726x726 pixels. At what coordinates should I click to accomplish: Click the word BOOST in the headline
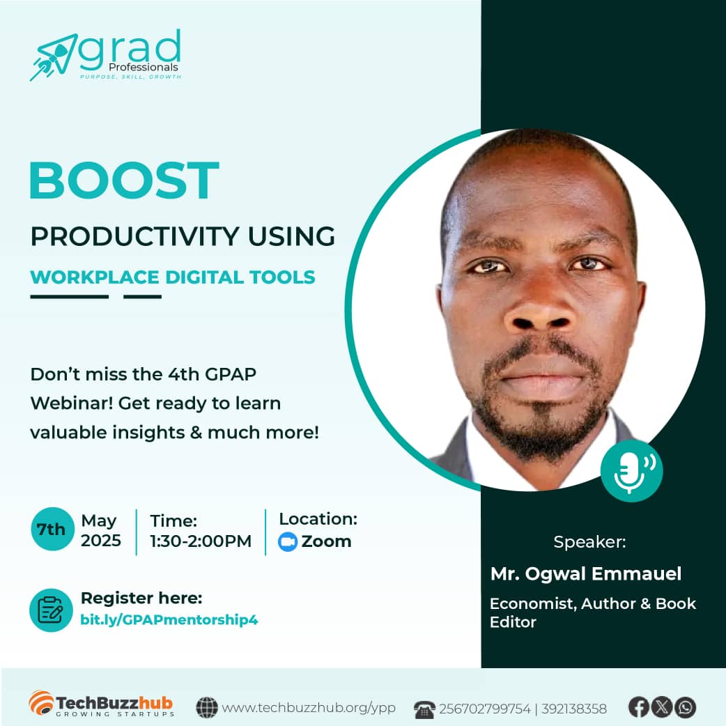pyautogui.click(x=124, y=180)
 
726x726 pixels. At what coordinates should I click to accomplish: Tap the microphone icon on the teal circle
pyautogui.click(x=631, y=471)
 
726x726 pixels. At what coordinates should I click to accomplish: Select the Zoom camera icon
pyautogui.click(x=288, y=542)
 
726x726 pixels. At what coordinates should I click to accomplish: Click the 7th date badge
pyautogui.click(x=51, y=530)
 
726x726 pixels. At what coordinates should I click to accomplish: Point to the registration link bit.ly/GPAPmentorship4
pyautogui.click(x=169, y=619)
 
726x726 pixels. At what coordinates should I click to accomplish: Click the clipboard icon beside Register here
pyautogui.click(x=51, y=610)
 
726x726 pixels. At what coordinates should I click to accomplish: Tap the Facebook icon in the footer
pyautogui.click(x=638, y=707)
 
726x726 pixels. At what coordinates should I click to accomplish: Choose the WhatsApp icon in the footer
pyautogui.click(x=686, y=707)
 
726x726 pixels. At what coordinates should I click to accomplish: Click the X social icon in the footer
pyautogui.click(x=662, y=707)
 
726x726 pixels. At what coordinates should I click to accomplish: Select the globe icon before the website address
pyautogui.click(x=207, y=708)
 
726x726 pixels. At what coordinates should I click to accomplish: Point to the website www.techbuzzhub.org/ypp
pyautogui.click(x=309, y=708)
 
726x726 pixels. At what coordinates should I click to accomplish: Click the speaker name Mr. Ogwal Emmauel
pyautogui.click(x=585, y=574)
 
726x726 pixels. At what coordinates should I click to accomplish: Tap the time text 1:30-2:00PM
pyautogui.click(x=201, y=541)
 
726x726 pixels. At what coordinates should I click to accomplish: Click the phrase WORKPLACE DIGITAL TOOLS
pyautogui.click(x=173, y=277)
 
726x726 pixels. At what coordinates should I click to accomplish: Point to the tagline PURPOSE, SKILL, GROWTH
pyautogui.click(x=130, y=77)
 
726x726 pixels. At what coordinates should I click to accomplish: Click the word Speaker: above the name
pyautogui.click(x=589, y=542)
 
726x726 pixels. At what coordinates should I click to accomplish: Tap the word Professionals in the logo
pyautogui.click(x=143, y=67)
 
